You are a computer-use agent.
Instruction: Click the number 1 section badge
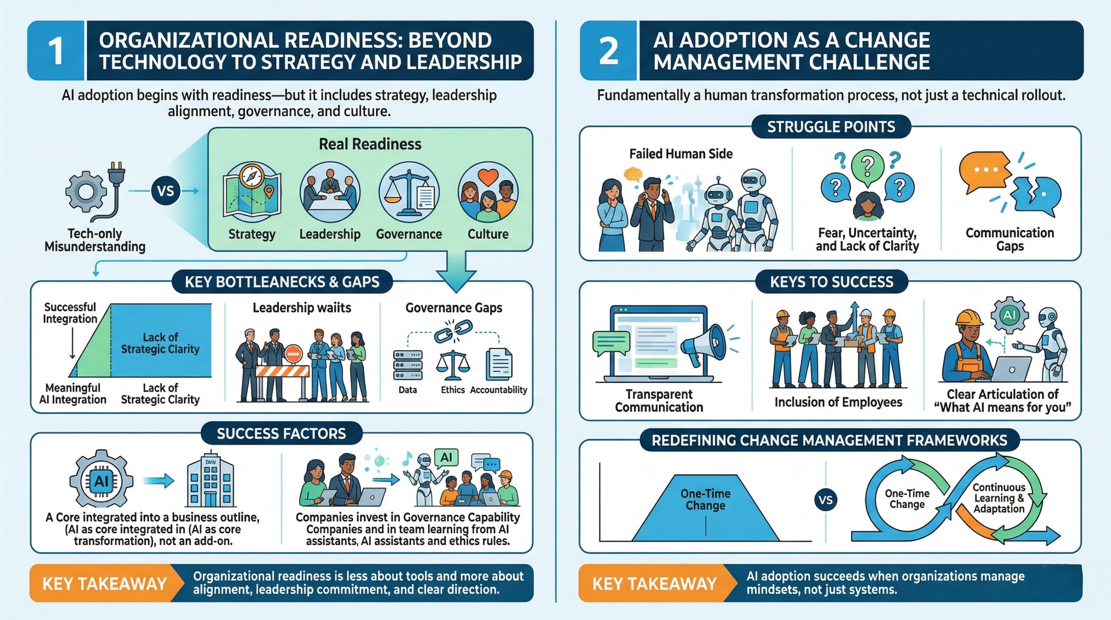click(56, 50)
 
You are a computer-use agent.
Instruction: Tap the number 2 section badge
click(608, 50)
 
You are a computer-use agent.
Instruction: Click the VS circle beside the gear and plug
click(165, 191)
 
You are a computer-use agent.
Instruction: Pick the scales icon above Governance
click(408, 192)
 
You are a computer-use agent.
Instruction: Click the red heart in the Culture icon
click(488, 177)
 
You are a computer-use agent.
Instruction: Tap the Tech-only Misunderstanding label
click(95, 240)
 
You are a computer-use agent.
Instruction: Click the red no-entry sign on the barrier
click(293, 354)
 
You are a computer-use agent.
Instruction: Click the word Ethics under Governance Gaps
click(453, 390)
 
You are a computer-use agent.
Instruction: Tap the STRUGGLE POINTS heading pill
click(831, 127)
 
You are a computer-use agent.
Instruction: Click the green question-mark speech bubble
click(867, 165)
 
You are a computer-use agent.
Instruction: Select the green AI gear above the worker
click(1010, 315)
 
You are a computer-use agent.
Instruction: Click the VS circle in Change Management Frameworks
click(825, 500)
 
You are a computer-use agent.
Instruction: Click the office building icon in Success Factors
click(210, 484)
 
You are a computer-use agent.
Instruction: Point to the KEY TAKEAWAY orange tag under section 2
click(654, 583)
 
